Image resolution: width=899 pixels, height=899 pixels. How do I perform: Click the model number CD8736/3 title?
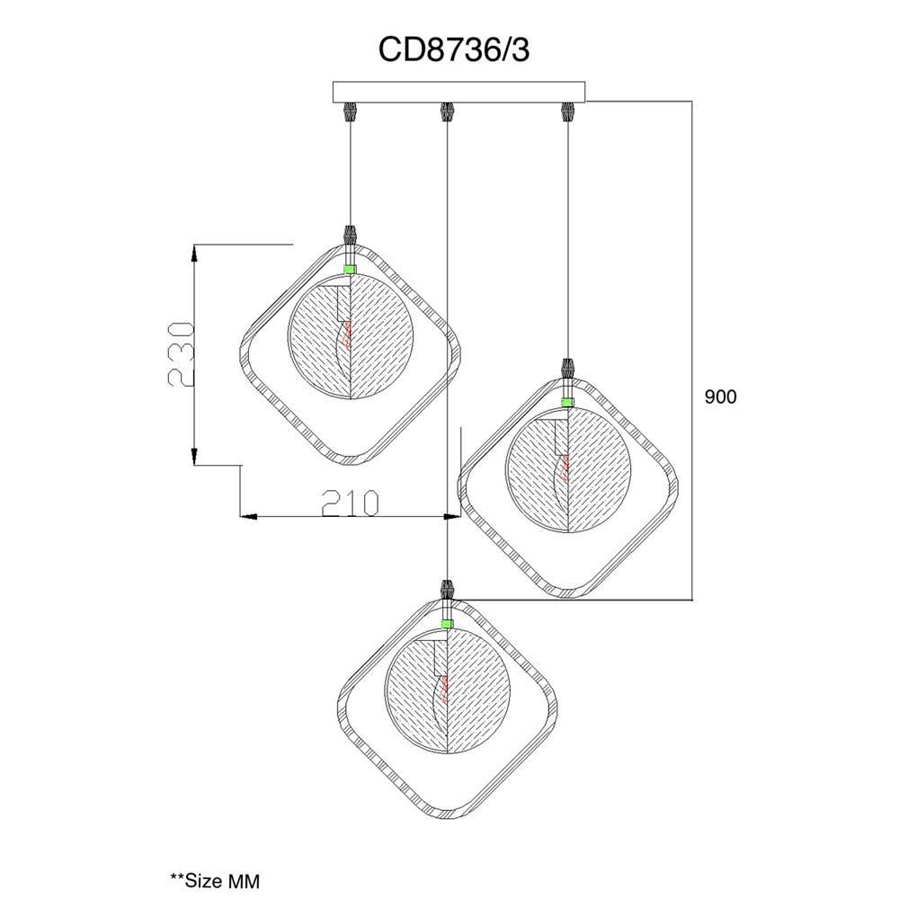coord(453,50)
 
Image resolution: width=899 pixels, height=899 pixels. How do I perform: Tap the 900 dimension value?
coord(720,396)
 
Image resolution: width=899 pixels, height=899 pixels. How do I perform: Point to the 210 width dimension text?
coord(351,503)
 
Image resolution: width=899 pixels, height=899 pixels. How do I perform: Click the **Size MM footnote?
coord(215,880)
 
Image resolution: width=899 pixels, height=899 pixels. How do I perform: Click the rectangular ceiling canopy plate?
coord(459,92)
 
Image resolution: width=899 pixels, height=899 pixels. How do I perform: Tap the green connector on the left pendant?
coord(349,268)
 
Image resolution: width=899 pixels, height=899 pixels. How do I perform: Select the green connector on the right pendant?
coord(567,401)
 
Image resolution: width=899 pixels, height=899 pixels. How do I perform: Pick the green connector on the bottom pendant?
coord(447,624)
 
